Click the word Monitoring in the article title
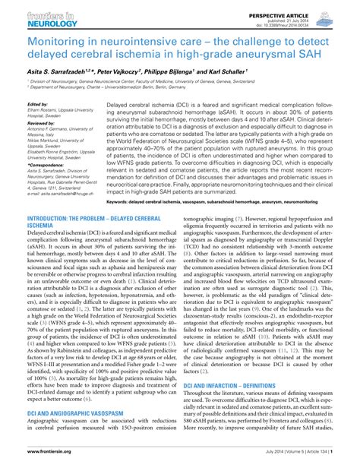[57, 36]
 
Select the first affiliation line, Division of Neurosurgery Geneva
[152, 80]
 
